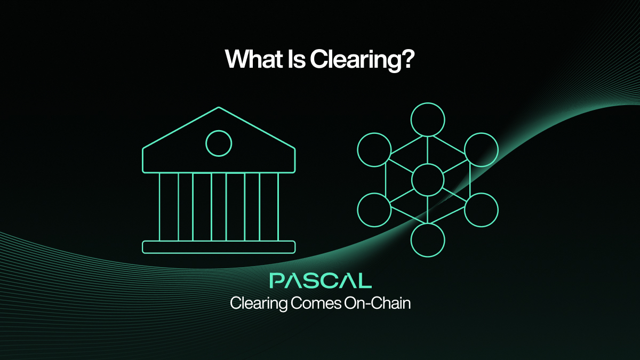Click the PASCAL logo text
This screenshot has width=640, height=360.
(x=320, y=281)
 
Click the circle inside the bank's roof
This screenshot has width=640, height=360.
(x=219, y=143)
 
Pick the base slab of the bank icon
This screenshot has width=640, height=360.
(x=219, y=247)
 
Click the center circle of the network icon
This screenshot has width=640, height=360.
(x=428, y=179)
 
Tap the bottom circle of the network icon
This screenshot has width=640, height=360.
(x=428, y=239)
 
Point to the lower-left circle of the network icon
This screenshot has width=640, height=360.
(x=374, y=210)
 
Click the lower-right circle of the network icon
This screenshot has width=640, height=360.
(x=481, y=210)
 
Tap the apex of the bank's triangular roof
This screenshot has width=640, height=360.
(x=219, y=108)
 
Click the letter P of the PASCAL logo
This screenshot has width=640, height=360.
(x=277, y=281)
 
